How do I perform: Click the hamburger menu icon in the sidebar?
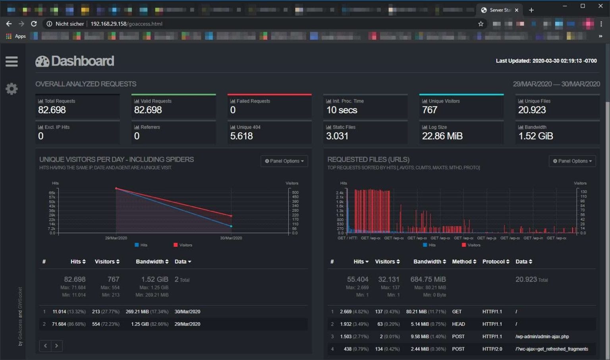[12, 62]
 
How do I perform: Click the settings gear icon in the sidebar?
[12, 89]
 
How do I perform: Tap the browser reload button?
[34, 24]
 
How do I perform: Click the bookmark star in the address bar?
[481, 24]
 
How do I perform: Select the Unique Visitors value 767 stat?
[430, 110]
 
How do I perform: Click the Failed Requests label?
[253, 101]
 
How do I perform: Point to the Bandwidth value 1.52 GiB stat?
[535, 136]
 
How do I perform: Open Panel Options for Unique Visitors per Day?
[284, 161]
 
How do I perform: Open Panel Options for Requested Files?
[572, 161]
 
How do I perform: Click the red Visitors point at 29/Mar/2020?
[116, 188]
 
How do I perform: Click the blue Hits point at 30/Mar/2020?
[231, 226]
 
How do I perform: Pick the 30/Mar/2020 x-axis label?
[231, 238]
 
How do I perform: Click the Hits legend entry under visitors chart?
[141, 245]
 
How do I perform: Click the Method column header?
[464, 261]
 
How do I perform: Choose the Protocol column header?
[495, 261]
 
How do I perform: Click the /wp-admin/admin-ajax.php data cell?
[542, 337]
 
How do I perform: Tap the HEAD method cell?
[458, 324]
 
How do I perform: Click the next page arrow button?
[57, 346]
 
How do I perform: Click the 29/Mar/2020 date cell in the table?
[187, 324]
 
